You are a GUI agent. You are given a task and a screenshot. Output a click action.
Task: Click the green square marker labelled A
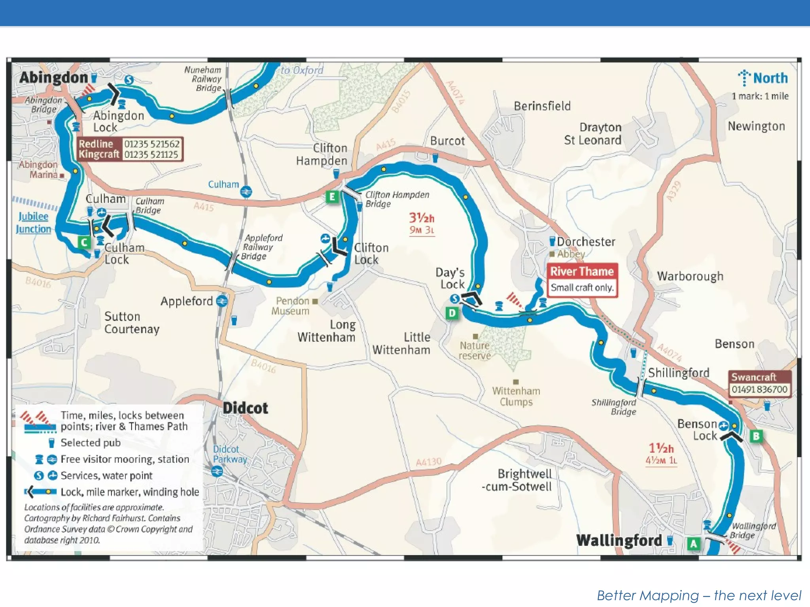693,544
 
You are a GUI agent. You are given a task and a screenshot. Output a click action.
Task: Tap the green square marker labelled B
756,436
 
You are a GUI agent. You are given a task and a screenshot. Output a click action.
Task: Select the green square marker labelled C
84,241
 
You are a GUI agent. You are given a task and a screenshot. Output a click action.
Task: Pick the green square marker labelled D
452,313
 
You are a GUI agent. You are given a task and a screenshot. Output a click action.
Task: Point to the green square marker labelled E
332,197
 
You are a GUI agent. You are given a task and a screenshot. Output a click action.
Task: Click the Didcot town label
245,408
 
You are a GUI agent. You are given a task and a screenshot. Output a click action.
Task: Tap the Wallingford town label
619,540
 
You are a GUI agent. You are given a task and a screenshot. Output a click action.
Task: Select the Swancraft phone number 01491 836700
759,389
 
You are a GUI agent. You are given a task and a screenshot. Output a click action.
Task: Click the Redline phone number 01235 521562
152,143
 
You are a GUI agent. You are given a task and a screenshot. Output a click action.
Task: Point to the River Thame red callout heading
582,271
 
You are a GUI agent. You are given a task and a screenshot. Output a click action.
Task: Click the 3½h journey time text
422,218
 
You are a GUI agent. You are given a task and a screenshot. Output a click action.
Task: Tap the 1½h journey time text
661,448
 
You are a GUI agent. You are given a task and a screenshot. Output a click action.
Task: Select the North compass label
770,78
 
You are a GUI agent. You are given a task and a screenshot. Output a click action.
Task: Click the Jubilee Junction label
33,222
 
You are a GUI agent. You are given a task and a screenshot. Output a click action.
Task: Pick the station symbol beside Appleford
222,302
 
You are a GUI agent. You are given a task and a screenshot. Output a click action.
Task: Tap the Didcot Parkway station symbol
217,471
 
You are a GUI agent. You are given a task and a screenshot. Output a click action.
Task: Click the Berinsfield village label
542,106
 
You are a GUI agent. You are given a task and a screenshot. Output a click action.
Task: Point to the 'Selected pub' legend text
91,443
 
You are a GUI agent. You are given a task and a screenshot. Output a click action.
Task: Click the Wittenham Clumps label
516,396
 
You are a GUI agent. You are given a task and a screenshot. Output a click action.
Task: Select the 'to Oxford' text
302,70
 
